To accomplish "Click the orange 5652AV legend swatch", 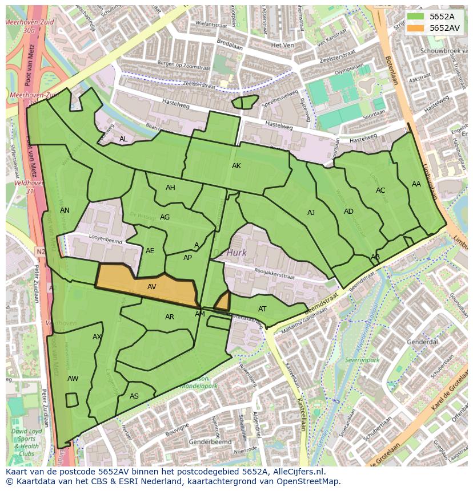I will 416,28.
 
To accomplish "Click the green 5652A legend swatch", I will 416,17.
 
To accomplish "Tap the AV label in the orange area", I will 152,287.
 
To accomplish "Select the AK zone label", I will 236,166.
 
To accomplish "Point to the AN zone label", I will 65,210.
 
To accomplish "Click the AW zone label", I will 73,379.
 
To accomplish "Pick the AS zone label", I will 134,396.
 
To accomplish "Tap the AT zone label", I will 262,309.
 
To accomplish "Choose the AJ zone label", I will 311,213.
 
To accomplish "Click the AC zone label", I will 380,190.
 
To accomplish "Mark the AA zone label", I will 416,184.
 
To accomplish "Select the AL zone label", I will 123,139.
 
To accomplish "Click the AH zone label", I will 170,188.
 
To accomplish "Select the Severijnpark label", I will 362,360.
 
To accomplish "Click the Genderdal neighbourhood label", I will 422,342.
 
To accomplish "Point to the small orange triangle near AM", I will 223,301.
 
